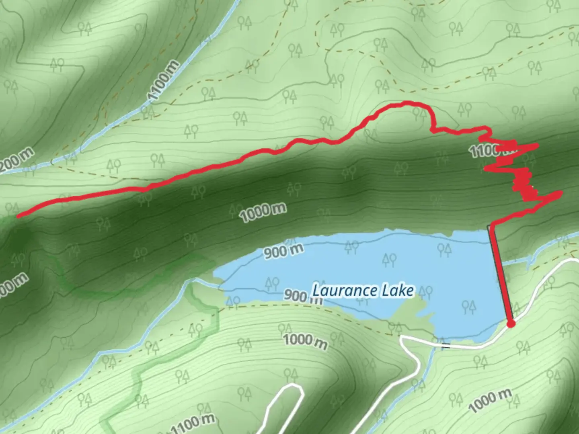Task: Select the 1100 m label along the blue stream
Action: tap(162, 80)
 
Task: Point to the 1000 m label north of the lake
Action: tap(264, 212)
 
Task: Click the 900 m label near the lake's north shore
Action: tap(283, 252)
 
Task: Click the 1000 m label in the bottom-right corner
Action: tap(490, 400)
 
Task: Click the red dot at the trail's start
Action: tap(511, 323)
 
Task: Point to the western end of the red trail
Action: tap(18, 216)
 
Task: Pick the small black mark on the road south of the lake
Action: tap(446, 346)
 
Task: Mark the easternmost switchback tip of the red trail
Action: tap(560, 194)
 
